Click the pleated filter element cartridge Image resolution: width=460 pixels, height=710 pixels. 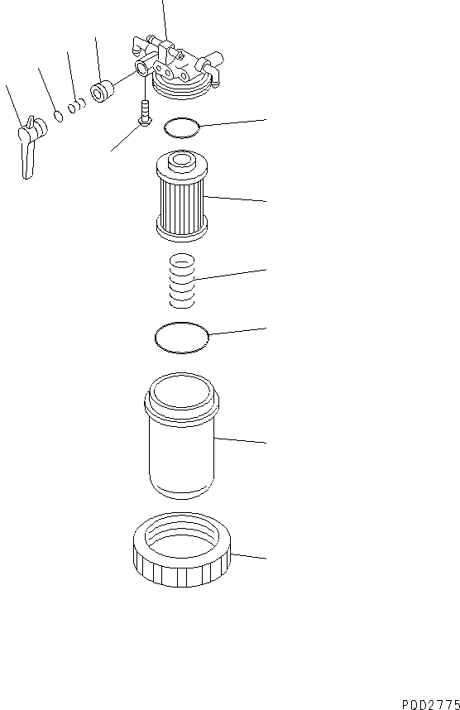click(x=180, y=199)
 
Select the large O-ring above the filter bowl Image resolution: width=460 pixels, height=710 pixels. click(x=181, y=338)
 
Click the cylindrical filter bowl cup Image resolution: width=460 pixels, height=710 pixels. click(x=180, y=447)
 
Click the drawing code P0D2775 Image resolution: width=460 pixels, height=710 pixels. click(x=429, y=703)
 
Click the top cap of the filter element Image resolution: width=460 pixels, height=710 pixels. click(x=180, y=162)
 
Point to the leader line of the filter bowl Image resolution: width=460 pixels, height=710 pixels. click(x=240, y=439)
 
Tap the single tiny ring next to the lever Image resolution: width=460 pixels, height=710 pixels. click(x=59, y=115)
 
